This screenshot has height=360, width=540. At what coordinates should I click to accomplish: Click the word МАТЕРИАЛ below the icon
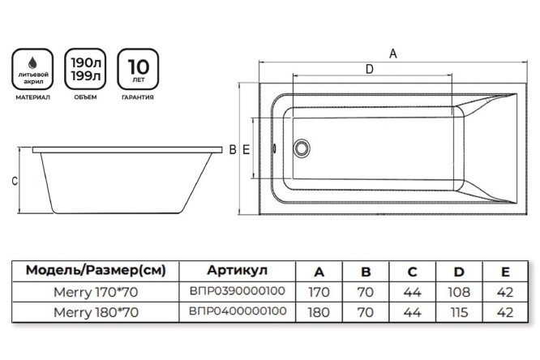(29, 98)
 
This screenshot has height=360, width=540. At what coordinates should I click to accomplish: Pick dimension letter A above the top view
(392, 54)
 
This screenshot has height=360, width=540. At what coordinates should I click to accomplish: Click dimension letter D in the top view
(369, 70)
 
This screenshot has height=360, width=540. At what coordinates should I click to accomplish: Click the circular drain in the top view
(303, 148)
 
